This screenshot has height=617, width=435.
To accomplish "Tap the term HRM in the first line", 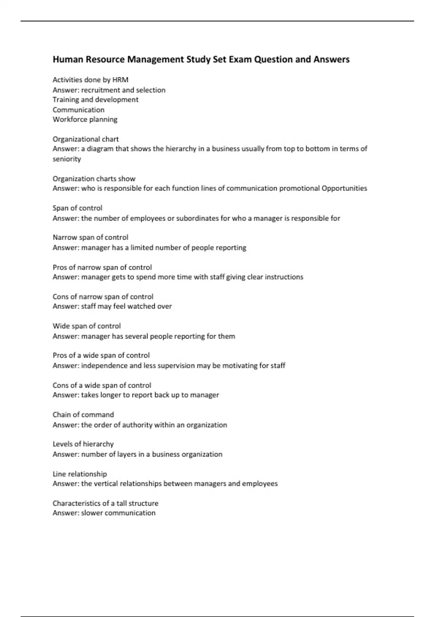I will (x=120, y=80).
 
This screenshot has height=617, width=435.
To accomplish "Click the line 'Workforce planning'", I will (x=85, y=119).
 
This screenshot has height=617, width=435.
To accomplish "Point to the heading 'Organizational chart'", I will (x=86, y=139).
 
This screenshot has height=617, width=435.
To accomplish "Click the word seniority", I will (x=67, y=159).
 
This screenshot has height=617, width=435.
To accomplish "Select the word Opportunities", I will (x=344, y=188).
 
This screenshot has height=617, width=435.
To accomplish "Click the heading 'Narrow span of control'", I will (x=90, y=237).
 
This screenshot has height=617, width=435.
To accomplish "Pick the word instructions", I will (x=284, y=277).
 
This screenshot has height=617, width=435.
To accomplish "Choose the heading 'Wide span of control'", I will (x=87, y=326).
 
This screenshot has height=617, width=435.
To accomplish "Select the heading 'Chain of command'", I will (x=83, y=414).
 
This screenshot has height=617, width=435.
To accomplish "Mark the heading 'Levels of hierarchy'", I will (x=83, y=444).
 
